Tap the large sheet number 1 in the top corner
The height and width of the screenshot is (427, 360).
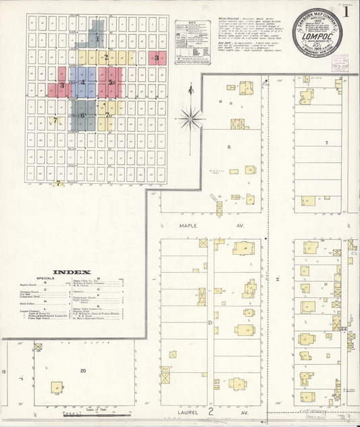[346, 11]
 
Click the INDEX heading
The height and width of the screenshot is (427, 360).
[71, 272]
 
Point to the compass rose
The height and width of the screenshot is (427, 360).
[192, 118]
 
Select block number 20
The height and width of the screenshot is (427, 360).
[83, 370]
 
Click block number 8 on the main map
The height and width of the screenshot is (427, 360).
[228, 146]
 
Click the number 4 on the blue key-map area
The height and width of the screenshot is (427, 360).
[83, 82]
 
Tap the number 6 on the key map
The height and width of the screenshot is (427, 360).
[82, 115]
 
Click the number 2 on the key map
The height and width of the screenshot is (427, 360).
[106, 57]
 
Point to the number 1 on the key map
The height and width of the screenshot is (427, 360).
[97, 39]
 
